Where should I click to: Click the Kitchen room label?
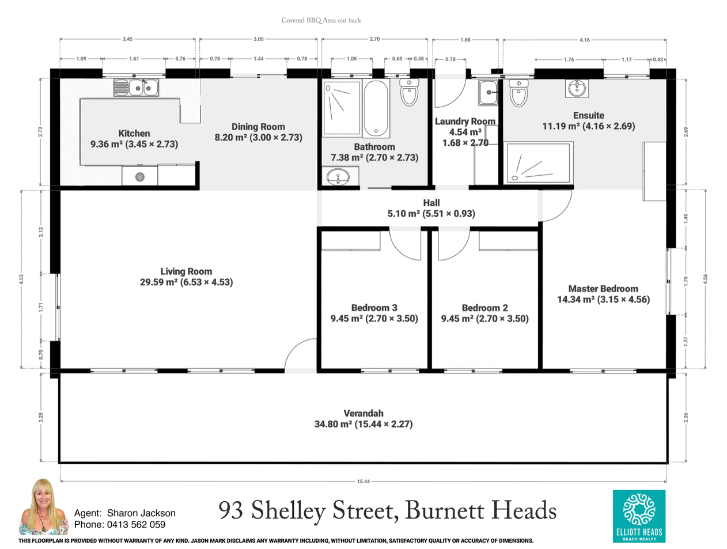tap(134, 133)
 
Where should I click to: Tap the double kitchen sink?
tap(136, 88)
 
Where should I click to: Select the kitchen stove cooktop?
tap(139, 176)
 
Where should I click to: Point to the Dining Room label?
tap(258, 127)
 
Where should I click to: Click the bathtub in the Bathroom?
tap(376, 107)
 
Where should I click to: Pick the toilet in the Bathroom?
tap(409, 92)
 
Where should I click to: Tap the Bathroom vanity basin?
tap(338, 177)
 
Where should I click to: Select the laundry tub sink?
tap(489, 92)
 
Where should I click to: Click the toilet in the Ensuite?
tap(518, 93)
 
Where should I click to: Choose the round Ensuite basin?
tap(577, 88)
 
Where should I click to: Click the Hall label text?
tap(431, 203)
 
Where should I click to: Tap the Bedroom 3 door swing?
tap(406, 244)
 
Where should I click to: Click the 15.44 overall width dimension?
tap(363, 482)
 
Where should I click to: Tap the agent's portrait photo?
tap(44, 507)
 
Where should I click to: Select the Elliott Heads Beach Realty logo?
tap(639, 516)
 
